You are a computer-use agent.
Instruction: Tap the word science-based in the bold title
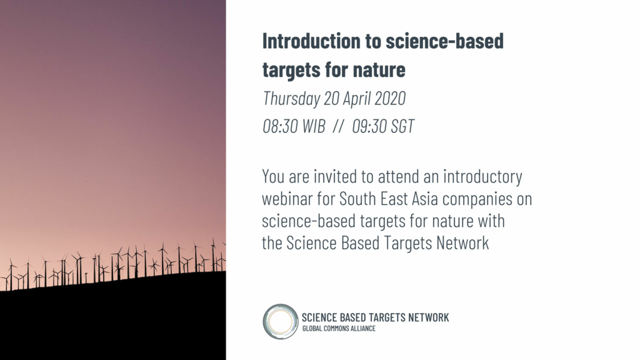[x=444, y=41]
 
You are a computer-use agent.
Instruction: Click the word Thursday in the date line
[x=291, y=98]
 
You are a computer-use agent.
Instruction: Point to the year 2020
[x=390, y=98]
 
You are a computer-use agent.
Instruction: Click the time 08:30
[x=280, y=126]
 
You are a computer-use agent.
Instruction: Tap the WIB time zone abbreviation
[x=314, y=126]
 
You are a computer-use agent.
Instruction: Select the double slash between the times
[x=338, y=126]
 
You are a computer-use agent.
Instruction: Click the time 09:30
[x=369, y=126]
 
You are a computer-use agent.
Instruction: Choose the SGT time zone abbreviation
[x=402, y=126]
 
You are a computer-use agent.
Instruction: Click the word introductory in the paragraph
[x=482, y=177]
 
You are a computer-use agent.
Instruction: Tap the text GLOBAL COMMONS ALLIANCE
[x=339, y=329]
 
